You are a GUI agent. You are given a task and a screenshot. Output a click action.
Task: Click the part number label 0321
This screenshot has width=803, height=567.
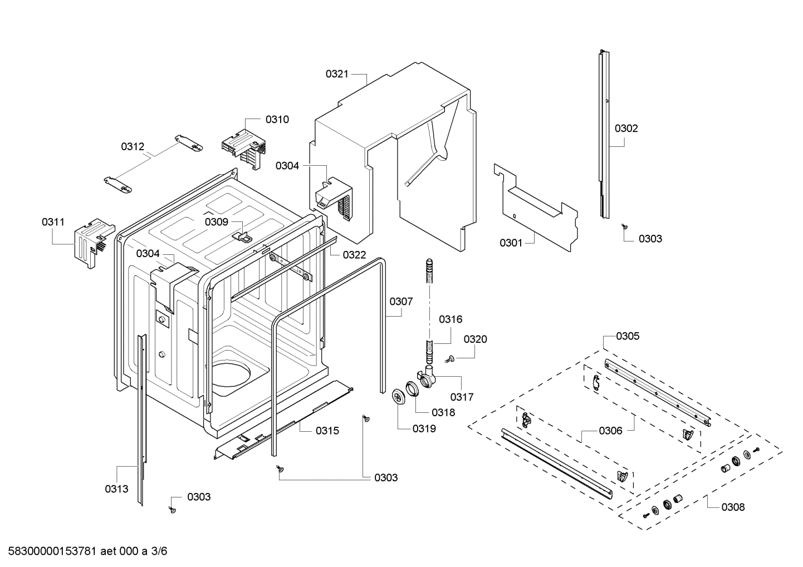[337, 73]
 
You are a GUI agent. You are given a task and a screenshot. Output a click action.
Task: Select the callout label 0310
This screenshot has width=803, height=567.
[277, 119]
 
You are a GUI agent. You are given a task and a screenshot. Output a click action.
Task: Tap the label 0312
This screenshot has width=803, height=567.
[133, 146]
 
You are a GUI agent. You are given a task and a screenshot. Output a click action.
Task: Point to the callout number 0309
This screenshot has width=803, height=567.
[216, 221]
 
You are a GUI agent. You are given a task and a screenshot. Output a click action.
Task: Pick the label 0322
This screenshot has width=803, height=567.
[354, 254]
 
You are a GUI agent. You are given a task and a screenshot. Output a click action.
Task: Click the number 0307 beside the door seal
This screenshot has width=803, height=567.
[401, 301]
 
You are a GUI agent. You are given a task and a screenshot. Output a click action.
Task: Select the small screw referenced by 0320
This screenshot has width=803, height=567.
[449, 359]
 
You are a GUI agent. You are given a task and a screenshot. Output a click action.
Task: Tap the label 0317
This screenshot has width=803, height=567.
[462, 397]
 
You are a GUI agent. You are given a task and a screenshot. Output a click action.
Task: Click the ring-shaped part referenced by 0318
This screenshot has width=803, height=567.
[413, 388]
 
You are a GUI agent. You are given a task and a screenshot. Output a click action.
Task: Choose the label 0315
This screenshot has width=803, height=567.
[327, 430]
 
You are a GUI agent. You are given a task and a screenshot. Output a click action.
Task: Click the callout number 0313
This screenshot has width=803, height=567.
[116, 489]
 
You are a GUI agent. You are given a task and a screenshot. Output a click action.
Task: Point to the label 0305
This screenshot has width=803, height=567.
[628, 336]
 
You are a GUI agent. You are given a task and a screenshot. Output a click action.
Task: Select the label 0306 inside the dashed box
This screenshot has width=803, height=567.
[610, 430]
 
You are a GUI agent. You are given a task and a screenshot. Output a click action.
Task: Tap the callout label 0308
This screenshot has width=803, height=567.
[733, 507]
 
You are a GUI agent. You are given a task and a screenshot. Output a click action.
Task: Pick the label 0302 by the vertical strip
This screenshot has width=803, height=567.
[626, 128]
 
